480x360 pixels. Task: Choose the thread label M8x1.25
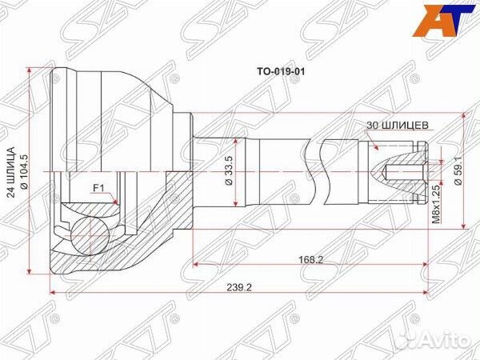click(436, 202)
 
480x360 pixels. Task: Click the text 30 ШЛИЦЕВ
click(399, 125)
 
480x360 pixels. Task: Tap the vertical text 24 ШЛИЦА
click(10, 172)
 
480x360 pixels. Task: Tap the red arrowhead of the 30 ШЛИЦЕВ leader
click(376, 149)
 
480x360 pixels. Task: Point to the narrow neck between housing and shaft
click(188, 171)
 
